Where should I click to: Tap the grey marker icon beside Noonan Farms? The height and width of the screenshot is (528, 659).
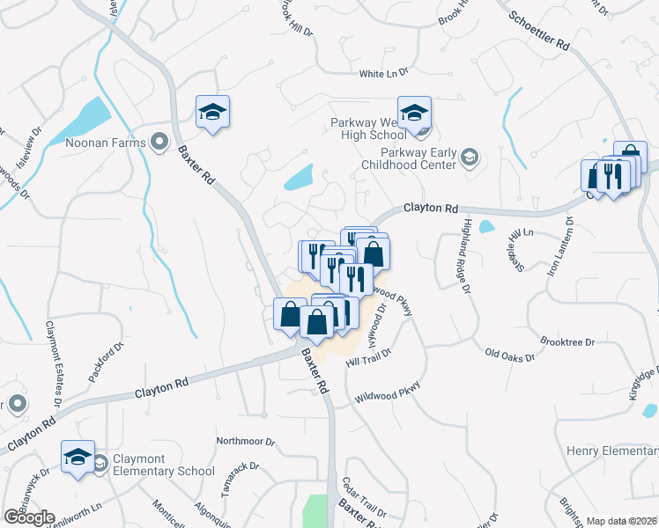[x=159, y=141]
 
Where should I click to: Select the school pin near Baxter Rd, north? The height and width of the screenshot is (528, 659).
[x=212, y=113]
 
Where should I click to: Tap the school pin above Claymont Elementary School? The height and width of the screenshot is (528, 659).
[x=78, y=458]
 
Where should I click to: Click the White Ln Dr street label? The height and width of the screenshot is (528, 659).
[x=384, y=74]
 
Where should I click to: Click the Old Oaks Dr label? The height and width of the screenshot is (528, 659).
[x=509, y=354]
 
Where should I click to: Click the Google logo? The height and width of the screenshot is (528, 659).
[x=28, y=517]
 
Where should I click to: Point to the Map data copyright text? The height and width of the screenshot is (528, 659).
[x=621, y=521]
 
